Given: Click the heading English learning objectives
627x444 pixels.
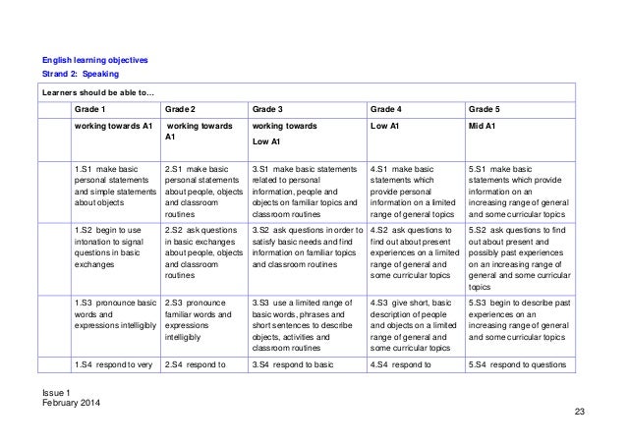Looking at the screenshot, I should tap(95, 60).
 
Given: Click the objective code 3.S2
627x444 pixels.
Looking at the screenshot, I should tap(263, 228).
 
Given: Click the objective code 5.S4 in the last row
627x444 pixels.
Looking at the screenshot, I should tap(481, 365).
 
